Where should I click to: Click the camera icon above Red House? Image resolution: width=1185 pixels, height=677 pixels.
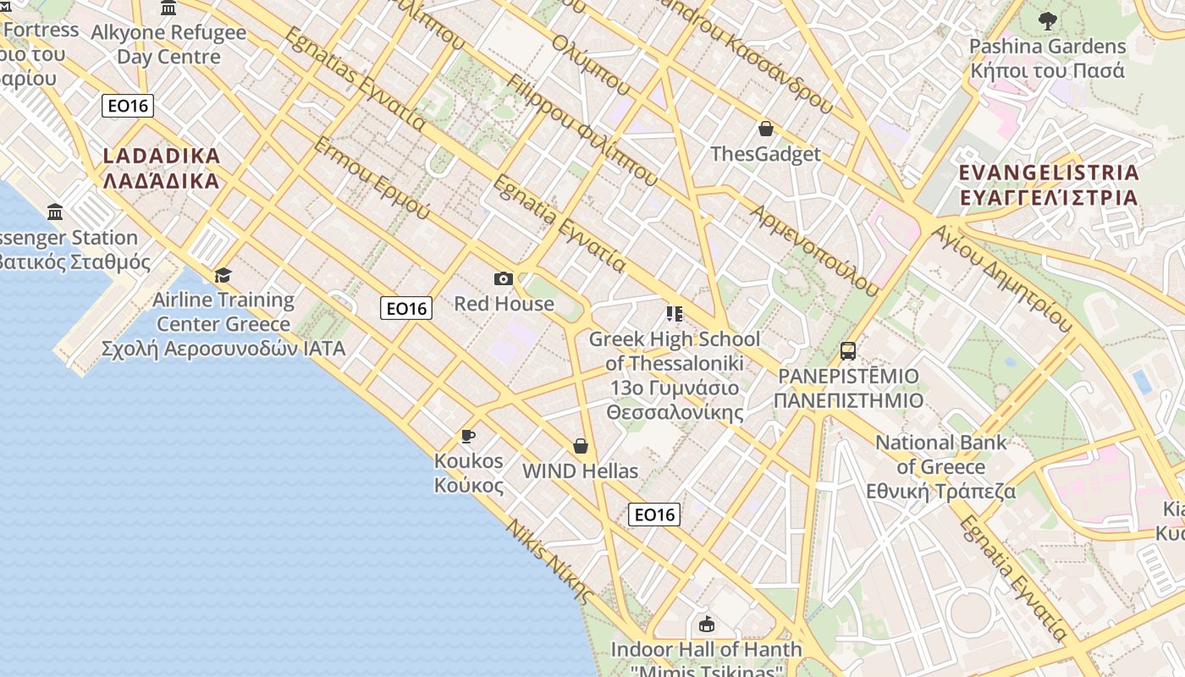coord(503,278)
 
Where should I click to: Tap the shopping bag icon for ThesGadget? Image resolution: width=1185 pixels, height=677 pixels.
coord(766,129)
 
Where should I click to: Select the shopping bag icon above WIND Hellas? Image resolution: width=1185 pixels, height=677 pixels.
coord(581,446)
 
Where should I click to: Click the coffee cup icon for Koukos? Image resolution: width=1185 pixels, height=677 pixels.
coord(467,436)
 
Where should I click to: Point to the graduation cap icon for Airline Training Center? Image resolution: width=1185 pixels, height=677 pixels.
coord(223,275)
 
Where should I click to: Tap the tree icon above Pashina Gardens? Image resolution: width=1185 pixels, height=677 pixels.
coord(1047,20)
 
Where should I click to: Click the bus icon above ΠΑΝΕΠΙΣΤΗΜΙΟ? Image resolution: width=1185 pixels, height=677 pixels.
coord(847,351)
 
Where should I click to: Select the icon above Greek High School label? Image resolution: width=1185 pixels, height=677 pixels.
coord(674,315)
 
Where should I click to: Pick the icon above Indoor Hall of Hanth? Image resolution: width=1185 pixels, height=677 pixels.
coord(706,625)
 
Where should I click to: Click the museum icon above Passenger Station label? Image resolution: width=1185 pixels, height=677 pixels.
coord(56,212)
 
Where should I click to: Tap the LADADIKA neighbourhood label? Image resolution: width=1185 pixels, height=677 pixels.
coord(161,168)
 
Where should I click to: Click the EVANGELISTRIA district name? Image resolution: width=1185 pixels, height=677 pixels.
coord(1049,184)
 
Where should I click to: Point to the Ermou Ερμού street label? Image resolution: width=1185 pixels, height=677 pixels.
coord(372,178)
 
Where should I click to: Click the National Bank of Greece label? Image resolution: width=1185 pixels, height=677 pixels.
coord(941,466)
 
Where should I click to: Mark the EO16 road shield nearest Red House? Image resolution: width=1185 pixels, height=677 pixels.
coord(407,308)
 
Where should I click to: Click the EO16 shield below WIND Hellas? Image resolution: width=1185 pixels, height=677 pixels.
coord(654,514)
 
